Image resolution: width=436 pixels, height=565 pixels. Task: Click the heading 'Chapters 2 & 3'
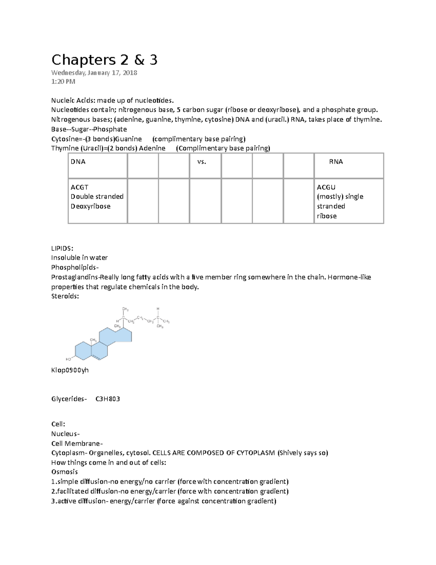point(104,60)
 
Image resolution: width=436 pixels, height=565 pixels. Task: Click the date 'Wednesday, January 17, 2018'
point(94,73)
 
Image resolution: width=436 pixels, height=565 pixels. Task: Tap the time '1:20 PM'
point(63,81)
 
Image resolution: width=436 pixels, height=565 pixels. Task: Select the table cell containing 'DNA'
point(97,166)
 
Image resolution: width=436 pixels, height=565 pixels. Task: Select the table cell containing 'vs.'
point(205,166)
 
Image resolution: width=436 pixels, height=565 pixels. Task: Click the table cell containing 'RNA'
point(349,166)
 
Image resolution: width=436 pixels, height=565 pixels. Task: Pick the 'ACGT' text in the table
point(80,187)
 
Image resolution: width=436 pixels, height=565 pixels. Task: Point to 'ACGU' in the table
point(326,187)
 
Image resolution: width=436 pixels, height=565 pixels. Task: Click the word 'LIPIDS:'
point(62,248)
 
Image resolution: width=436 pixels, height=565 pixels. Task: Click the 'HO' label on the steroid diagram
point(68,359)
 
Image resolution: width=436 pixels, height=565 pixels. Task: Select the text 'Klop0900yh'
point(70,370)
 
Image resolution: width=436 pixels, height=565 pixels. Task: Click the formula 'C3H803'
point(108,399)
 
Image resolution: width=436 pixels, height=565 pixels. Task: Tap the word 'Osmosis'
point(64,472)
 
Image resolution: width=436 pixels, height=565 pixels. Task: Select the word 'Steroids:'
point(65,296)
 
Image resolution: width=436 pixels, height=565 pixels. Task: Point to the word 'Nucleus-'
point(65,434)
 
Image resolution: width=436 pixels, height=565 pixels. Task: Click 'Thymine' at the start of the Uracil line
point(65,148)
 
